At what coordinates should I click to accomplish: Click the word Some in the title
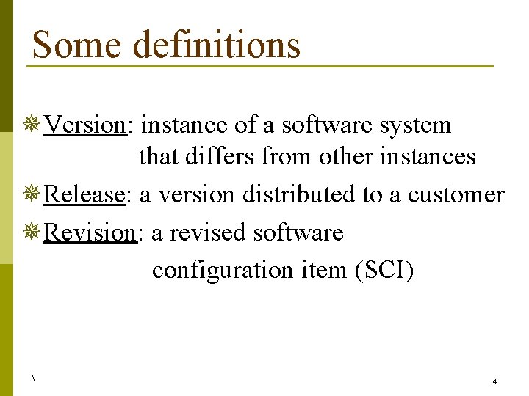coord(76,44)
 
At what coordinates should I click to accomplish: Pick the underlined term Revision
coord(90,232)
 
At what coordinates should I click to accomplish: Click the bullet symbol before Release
coord(32,194)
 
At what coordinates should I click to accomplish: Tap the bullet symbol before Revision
coord(32,232)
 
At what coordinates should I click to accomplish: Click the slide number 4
coord(494,382)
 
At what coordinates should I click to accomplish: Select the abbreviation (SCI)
coord(384,270)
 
